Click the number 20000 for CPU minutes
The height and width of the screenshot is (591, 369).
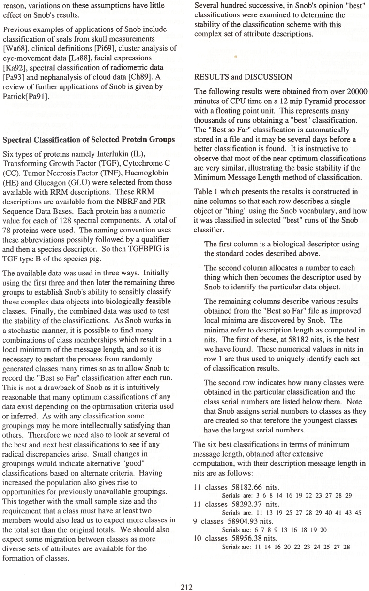tap(356, 92)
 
